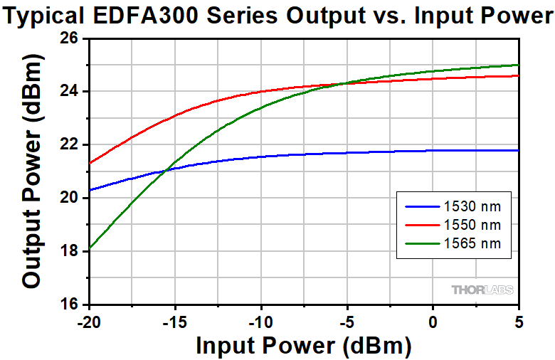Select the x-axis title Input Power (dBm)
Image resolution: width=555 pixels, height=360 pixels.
coord(304,346)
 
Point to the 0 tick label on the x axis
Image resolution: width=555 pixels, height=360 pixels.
coord(433,322)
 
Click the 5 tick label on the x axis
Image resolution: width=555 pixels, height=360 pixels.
coord(519,322)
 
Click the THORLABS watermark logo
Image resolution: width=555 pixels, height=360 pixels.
coord(482,290)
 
